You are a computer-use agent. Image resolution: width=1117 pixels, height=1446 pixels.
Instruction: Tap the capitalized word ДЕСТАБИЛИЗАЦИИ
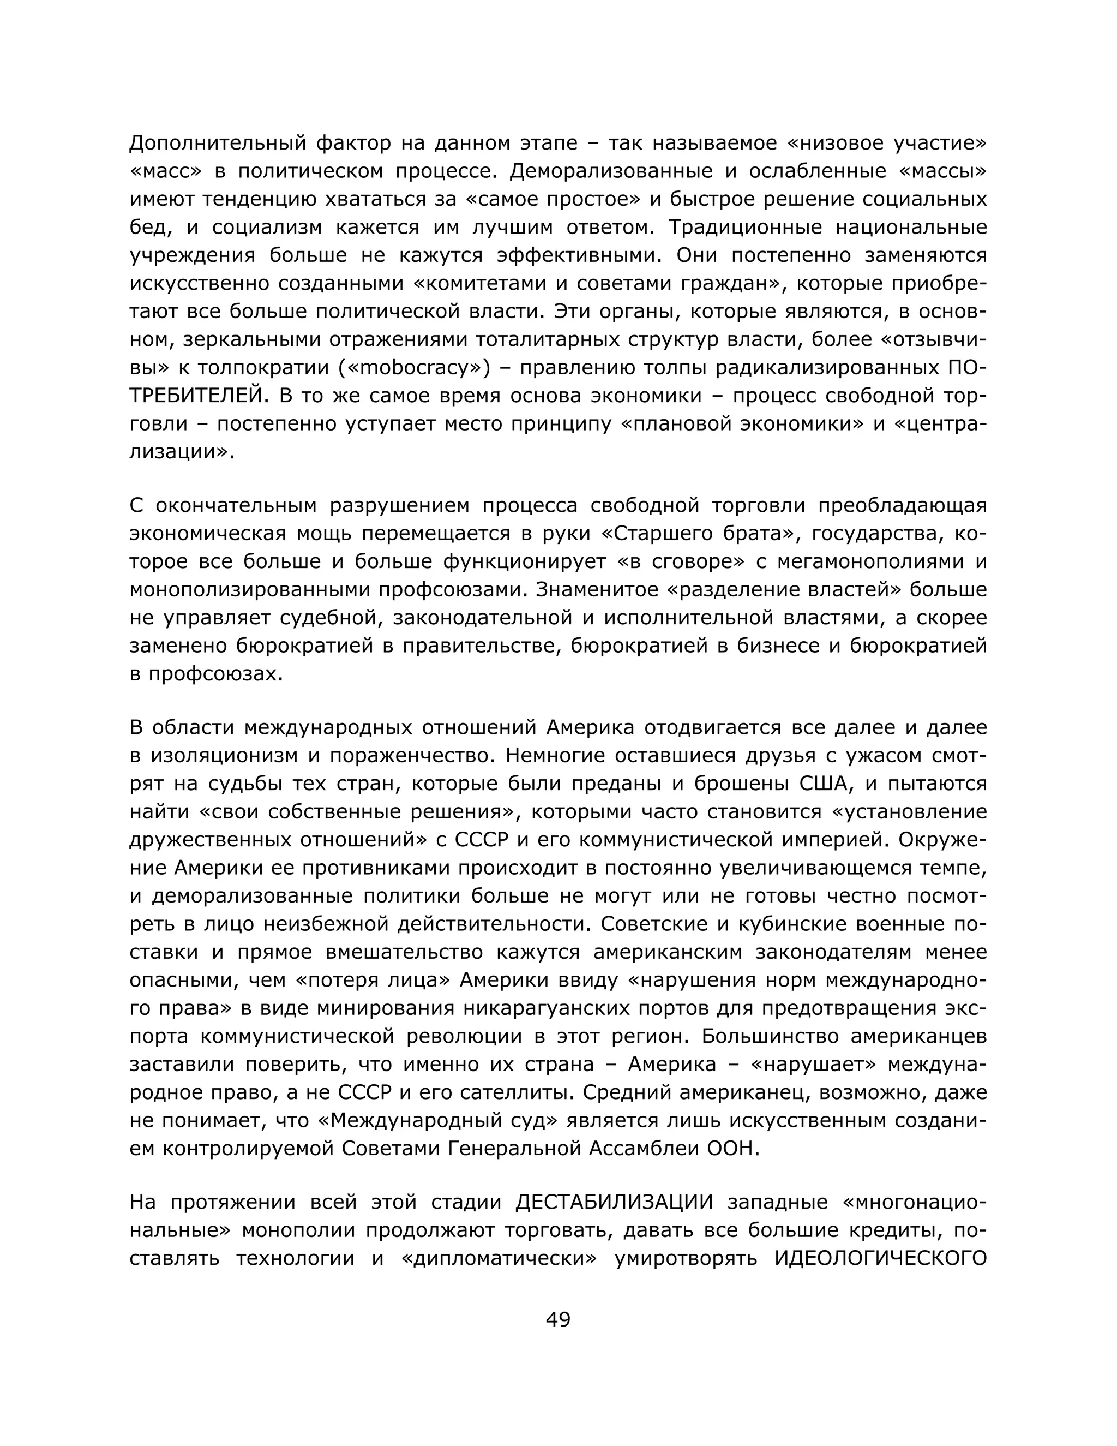coord(615,1201)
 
